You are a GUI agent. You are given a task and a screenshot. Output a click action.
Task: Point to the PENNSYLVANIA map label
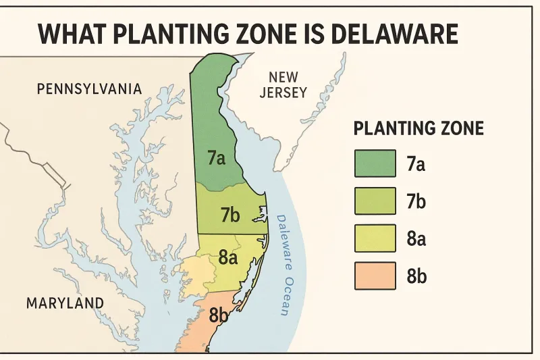tap(89, 89)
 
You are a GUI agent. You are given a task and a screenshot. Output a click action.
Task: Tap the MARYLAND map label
tap(65, 303)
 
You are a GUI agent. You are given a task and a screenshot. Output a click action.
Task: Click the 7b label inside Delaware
tap(230, 215)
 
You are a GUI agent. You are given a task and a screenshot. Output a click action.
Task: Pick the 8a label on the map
tap(229, 257)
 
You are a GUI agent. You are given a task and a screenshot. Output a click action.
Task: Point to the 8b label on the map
tap(219, 315)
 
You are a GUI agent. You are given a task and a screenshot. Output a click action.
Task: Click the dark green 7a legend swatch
tap(375, 163)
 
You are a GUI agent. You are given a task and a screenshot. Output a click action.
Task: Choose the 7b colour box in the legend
tap(375, 201)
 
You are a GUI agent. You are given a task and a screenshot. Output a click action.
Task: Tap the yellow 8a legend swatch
tap(375, 238)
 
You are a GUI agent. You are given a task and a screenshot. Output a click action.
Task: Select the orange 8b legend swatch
tap(375, 276)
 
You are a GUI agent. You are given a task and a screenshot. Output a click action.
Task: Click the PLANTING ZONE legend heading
tap(418, 128)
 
